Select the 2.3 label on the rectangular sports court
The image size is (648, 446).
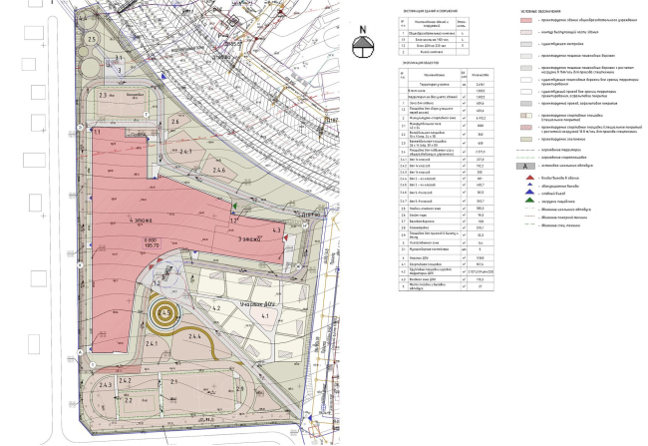click(103, 96)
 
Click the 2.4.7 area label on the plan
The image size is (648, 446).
click(186, 151)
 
